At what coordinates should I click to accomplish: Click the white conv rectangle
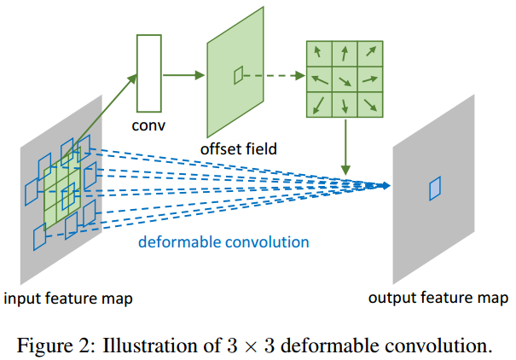148,73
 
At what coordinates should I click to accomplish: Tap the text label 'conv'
148,126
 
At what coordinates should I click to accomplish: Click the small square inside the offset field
239,76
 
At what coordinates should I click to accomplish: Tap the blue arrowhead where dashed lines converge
386,185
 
